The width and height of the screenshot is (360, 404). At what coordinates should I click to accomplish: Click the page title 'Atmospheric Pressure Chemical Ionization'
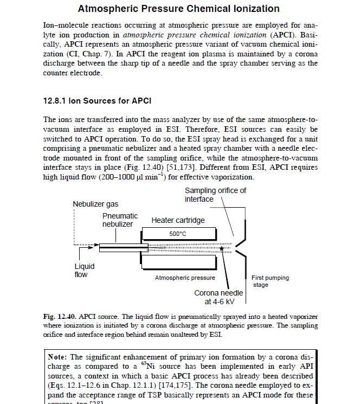pyautogui.click(x=179, y=9)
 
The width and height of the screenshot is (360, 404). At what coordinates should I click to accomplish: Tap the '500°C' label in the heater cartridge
pyautogui.click(x=177, y=234)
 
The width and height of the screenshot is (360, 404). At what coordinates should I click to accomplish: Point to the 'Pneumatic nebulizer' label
pyautogui.click(x=120, y=220)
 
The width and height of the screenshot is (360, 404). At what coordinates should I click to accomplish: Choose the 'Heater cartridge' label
pyautogui.click(x=178, y=220)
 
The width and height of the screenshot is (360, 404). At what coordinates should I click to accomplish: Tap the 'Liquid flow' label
pyautogui.click(x=84, y=271)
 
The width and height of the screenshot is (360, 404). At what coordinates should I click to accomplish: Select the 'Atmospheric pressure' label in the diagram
pyautogui.click(x=185, y=278)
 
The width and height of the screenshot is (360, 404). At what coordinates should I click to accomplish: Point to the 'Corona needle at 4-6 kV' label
pyautogui.click(x=218, y=297)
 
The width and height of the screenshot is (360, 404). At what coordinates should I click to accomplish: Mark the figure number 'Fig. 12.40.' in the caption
pyautogui.click(x=60, y=316)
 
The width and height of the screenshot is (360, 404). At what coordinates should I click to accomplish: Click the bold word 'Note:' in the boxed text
pyautogui.click(x=58, y=357)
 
